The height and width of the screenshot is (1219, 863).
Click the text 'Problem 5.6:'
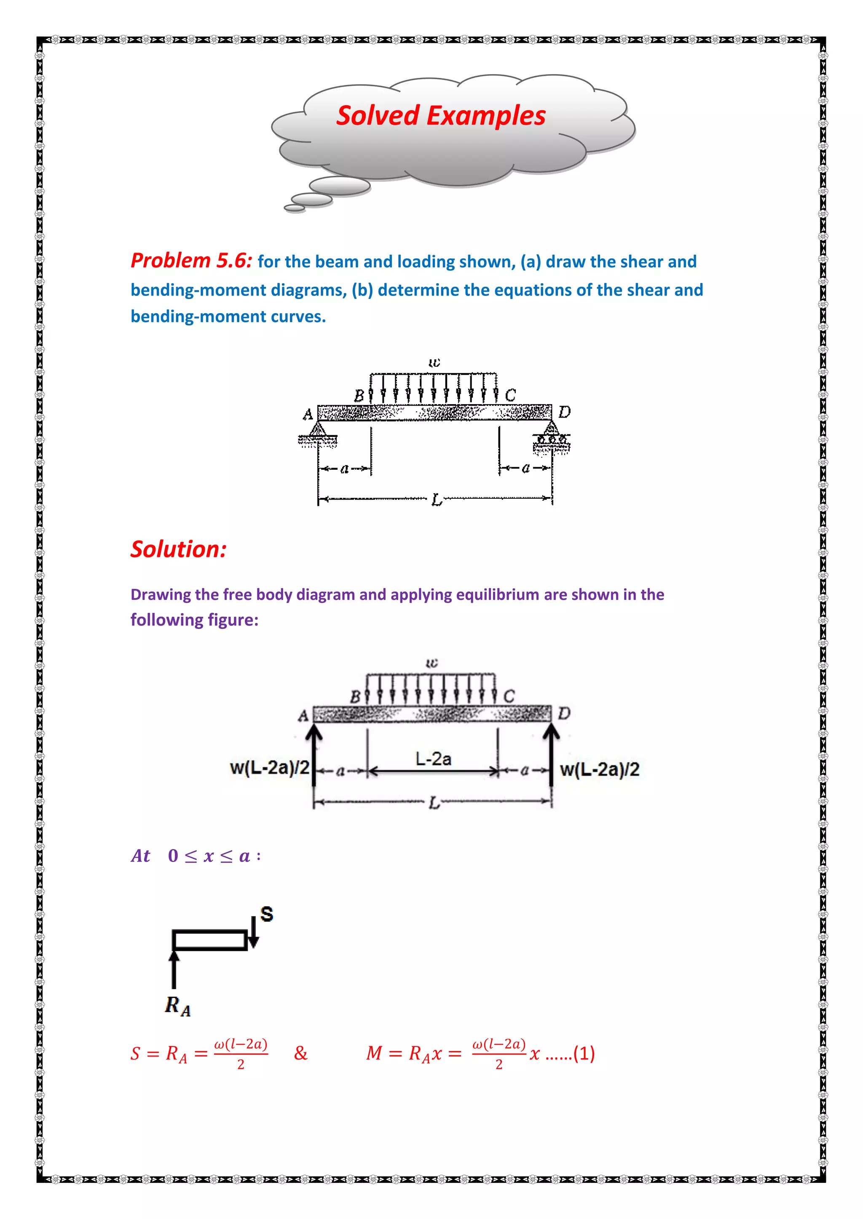coord(191,261)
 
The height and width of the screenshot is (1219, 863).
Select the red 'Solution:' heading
coord(179,549)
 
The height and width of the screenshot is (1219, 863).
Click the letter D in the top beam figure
coord(564,412)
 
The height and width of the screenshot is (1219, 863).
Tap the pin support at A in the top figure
coord(318,431)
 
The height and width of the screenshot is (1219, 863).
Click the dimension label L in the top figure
coord(436,500)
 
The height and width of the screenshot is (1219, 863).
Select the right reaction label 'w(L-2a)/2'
coord(600,769)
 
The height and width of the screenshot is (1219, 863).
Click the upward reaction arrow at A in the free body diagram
coord(315,754)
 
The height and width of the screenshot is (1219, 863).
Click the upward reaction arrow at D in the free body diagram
coord(552,754)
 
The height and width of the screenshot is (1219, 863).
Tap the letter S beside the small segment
coord(267,914)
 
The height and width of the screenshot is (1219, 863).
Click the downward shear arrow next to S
coord(254,933)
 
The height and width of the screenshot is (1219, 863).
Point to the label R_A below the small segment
coord(177,1006)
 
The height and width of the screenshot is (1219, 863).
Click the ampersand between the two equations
coord(301,1053)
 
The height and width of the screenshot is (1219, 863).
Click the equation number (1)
coord(584,1053)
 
